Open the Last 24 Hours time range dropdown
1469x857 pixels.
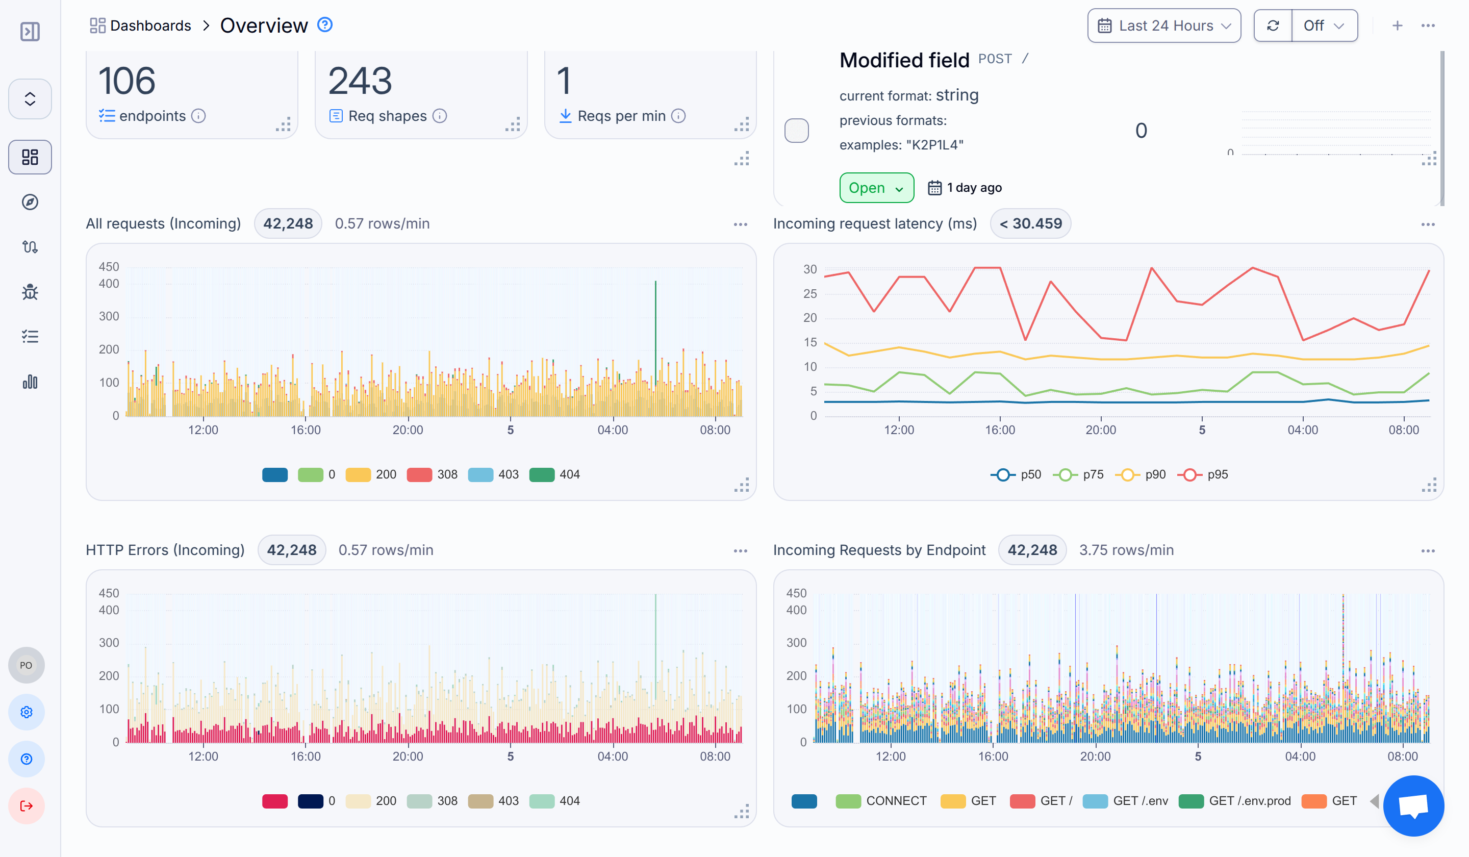point(1163,26)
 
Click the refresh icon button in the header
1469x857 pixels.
point(1273,26)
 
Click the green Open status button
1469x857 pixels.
point(876,188)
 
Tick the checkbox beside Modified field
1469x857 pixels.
point(796,131)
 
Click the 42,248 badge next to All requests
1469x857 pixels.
point(288,223)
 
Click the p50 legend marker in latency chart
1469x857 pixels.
point(1003,474)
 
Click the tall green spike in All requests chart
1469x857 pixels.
point(655,326)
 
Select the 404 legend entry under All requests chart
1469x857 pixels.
point(555,474)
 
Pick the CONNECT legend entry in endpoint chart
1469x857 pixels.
point(881,801)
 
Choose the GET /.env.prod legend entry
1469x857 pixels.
point(1235,801)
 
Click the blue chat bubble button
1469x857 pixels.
point(1413,805)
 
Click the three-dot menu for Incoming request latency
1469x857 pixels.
point(1428,224)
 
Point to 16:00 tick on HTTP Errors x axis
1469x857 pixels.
point(306,756)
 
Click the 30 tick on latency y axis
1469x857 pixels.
point(809,269)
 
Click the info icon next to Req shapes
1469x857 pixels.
point(440,116)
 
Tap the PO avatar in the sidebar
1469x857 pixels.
point(26,665)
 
